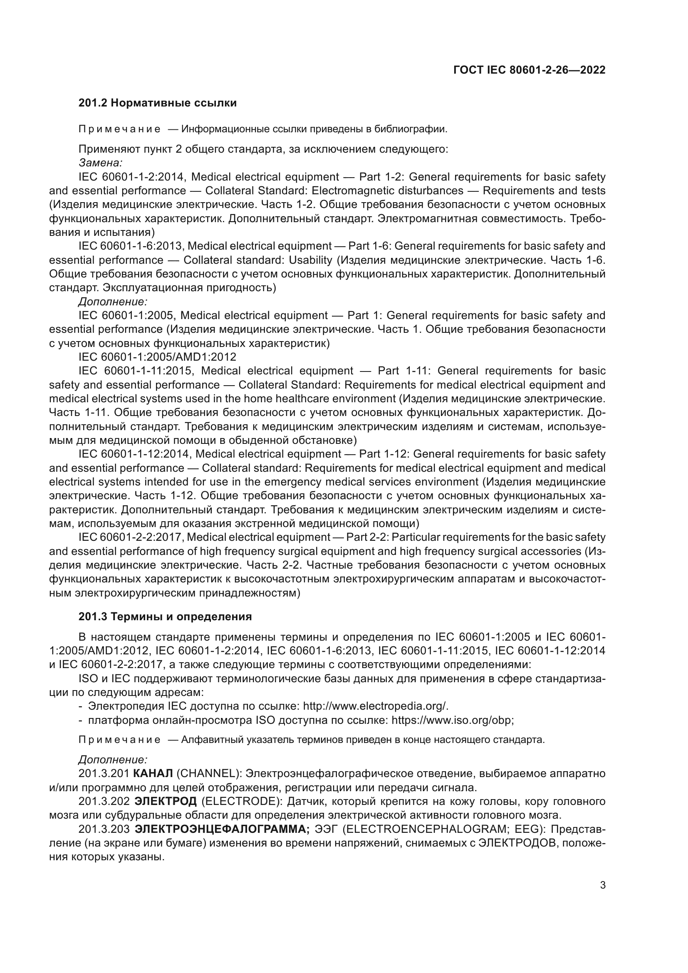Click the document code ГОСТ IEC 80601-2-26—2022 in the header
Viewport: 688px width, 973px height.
(529, 70)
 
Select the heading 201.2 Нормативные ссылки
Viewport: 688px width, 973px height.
(158, 103)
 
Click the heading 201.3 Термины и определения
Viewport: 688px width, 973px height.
(165, 616)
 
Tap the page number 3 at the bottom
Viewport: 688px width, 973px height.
(603, 885)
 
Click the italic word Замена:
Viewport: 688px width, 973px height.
(100, 163)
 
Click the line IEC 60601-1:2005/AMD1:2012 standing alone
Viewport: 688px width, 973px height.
(157, 357)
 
